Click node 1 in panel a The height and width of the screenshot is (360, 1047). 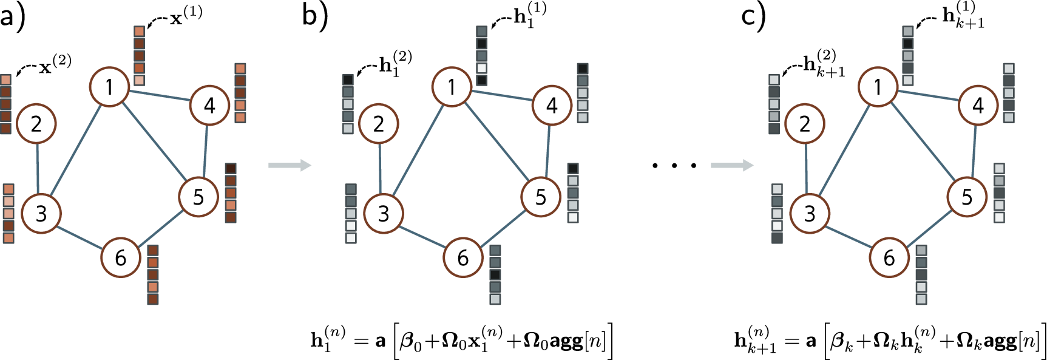point(110,87)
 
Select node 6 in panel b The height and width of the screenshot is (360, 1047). point(463,258)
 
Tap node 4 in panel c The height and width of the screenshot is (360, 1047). point(978,106)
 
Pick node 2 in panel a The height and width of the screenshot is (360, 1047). point(36,124)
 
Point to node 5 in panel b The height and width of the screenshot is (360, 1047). point(540,197)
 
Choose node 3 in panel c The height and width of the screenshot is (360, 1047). point(810,214)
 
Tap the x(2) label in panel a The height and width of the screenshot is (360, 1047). point(55,65)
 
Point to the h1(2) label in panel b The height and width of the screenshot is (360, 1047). point(395,63)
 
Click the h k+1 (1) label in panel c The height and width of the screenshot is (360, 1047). point(963,16)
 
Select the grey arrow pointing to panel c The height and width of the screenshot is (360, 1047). point(732,165)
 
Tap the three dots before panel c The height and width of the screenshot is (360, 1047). point(674,165)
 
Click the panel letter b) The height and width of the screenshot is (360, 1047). point(314,16)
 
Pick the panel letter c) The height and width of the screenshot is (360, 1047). point(753,16)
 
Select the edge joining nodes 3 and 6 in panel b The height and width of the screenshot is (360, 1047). point(423,236)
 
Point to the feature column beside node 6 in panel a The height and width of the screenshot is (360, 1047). point(153,274)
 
